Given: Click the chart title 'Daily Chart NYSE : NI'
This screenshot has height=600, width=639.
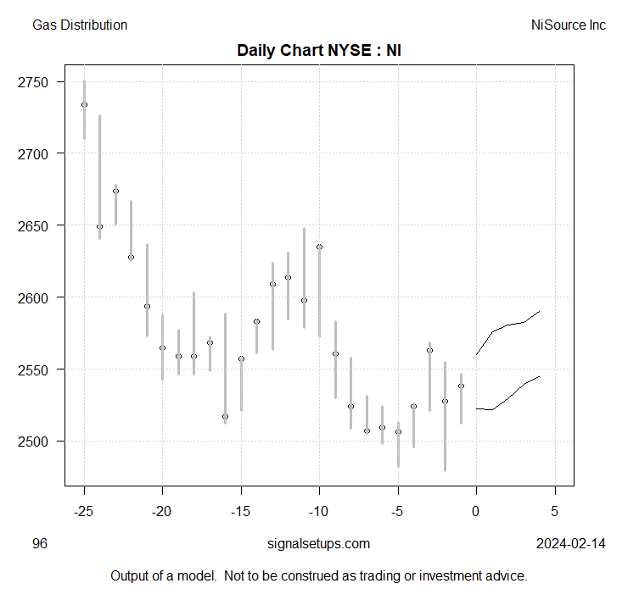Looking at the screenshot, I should pos(319,50).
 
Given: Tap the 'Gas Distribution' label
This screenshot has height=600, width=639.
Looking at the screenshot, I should pos(80,25).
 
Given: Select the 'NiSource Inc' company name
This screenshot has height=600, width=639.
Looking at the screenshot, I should pos(568,25).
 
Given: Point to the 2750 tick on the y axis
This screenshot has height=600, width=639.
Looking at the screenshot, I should pos(39,82).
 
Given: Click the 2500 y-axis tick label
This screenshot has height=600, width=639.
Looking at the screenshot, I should pos(39,442).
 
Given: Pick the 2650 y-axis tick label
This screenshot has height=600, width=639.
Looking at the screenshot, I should pos(39,226).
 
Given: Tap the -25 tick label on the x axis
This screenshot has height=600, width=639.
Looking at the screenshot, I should pos(84,512).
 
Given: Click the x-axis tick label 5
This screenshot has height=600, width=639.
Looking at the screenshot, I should pos(555,512).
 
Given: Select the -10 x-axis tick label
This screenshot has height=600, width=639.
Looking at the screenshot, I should pos(319,512).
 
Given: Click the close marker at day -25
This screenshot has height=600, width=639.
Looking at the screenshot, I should pos(84,105).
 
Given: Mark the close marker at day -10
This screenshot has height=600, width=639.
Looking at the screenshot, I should pos(319,247).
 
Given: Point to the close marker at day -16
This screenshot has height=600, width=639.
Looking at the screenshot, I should pos(225,417).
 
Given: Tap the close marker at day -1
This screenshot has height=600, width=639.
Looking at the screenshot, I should pos(461,386).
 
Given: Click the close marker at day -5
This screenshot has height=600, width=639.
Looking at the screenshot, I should pos(398,431).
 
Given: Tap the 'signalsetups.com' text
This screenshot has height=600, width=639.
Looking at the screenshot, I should pos(318,544).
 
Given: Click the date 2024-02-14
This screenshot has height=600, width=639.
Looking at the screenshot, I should pos(571,544).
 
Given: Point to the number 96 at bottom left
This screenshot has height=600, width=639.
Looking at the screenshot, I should pos(40,544).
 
